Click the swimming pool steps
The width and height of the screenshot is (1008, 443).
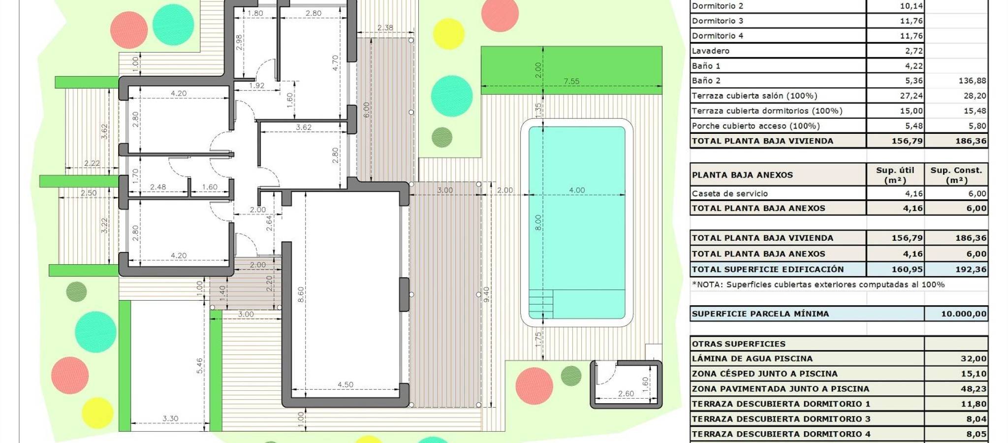(x=541, y=304)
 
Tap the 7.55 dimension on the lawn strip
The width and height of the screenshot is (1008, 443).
(x=571, y=81)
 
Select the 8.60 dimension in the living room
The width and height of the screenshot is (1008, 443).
(x=301, y=294)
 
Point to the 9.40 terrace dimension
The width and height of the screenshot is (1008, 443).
(x=486, y=294)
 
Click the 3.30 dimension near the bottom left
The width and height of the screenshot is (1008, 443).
(x=170, y=418)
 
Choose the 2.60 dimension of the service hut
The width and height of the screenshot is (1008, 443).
(x=626, y=393)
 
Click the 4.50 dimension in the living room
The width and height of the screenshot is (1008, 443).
(x=346, y=384)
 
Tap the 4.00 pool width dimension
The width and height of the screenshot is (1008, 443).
(x=577, y=190)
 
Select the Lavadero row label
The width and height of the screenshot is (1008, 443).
(x=711, y=51)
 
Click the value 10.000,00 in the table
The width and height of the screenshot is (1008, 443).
(x=964, y=314)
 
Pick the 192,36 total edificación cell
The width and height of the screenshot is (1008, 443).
(x=971, y=269)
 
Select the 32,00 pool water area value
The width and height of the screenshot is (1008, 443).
(x=974, y=358)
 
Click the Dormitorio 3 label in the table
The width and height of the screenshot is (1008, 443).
(x=718, y=21)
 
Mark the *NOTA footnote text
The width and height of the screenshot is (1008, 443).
(x=818, y=285)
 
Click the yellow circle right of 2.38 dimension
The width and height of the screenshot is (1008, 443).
(x=448, y=33)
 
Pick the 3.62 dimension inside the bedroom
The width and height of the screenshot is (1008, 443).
(x=304, y=127)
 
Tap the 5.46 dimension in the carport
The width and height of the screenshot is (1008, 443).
(x=199, y=365)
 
